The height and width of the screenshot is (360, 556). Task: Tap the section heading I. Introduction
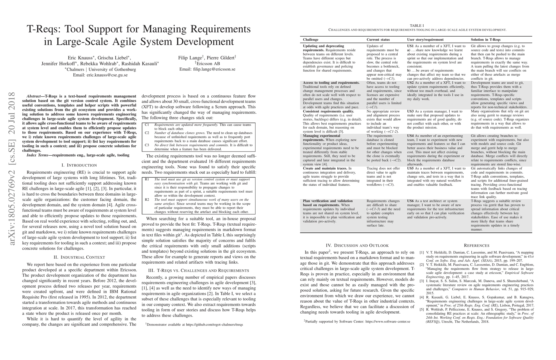pos(79,165)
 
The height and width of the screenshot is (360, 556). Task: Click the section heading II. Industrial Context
pos(79,257)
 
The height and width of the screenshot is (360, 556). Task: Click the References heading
pos(477,245)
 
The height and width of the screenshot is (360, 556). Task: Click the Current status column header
pos(378,40)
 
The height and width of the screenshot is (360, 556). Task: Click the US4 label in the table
pos(411,136)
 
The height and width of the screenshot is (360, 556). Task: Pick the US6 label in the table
pos(411,201)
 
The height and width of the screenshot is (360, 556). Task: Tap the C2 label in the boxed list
pos(147,133)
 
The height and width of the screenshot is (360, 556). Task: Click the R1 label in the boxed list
pos(147,179)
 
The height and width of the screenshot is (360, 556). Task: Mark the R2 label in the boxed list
pos(147,200)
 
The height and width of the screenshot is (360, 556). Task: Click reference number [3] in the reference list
pos(422,281)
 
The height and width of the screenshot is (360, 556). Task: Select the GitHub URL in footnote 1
pos(214,325)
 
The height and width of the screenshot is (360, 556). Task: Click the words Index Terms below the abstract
pos(37,155)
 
